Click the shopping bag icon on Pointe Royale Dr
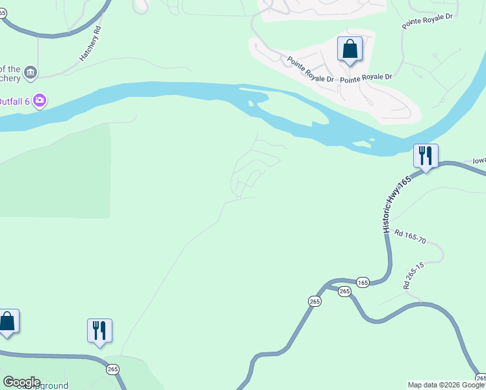[350, 49]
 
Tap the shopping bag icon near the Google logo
[7, 322]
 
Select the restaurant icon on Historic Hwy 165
[426, 156]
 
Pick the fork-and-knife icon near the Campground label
[99, 331]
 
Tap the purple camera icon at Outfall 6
[40, 100]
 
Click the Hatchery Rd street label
[91, 44]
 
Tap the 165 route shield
[363, 282]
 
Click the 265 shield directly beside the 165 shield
[344, 291]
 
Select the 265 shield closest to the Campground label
[113, 369]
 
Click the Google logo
[21, 382]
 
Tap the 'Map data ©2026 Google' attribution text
[446, 385]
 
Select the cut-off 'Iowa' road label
[478, 161]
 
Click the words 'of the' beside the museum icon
[10, 69]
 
